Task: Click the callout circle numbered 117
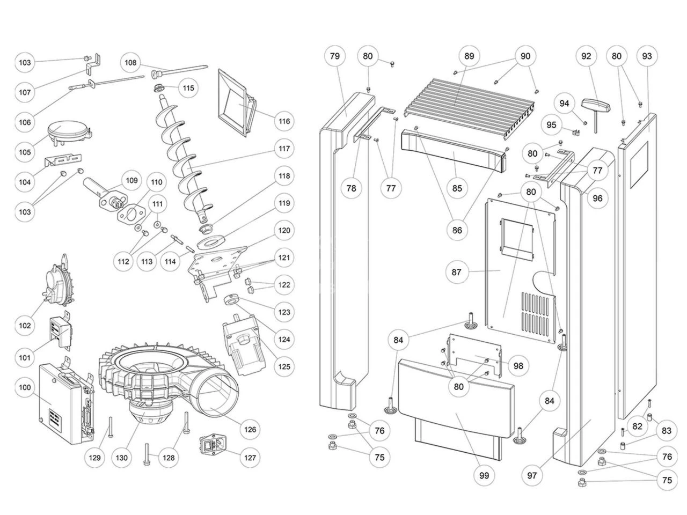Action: tap(283, 149)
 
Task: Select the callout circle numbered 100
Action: tap(25, 387)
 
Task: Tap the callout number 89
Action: tap(470, 56)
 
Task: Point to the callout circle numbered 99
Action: tap(484, 475)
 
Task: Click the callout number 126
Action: tap(251, 429)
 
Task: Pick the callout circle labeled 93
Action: tap(647, 56)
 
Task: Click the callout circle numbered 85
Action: tap(457, 188)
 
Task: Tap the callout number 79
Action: tap(335, 56)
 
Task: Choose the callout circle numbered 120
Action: tap(283, 231)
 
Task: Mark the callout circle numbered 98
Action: tap(518, 366)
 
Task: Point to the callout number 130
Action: tap(122, 458)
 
